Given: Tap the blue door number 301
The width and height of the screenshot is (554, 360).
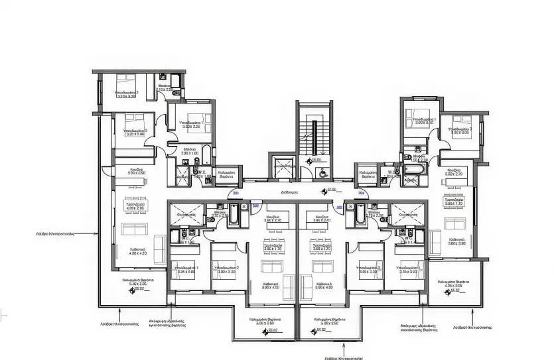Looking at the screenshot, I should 236,193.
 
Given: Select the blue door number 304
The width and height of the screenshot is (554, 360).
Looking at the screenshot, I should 362,193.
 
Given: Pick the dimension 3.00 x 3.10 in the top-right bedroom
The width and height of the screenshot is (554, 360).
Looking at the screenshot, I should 424,123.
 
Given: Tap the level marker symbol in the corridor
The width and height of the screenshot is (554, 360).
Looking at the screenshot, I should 324,191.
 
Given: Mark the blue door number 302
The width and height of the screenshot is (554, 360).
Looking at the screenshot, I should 255,206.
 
